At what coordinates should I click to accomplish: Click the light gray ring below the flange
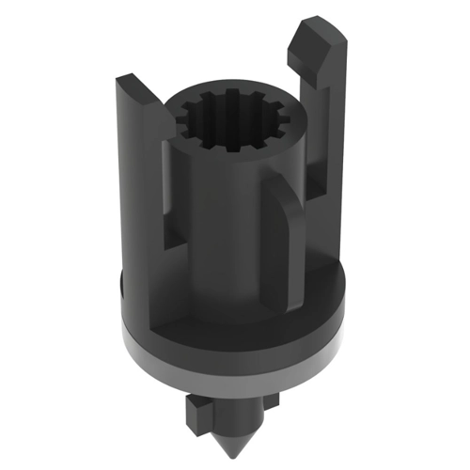pos(235,355)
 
